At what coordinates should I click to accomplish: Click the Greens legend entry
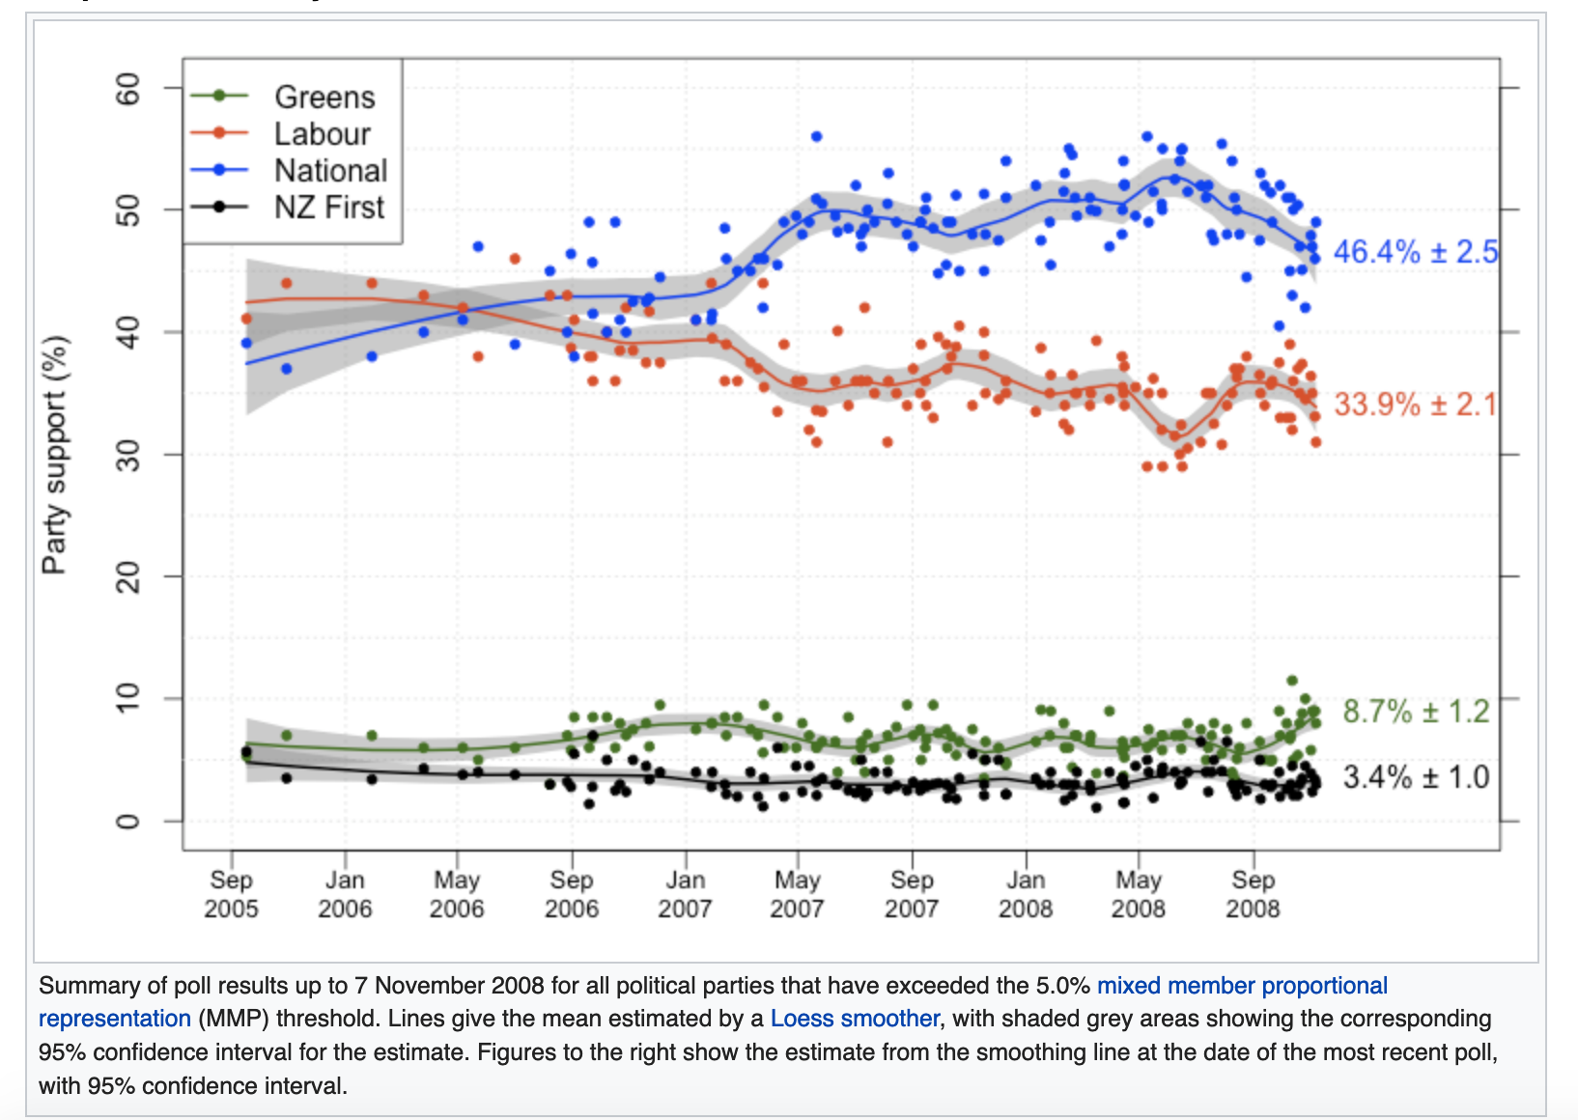324,97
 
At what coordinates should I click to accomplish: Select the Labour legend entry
322,133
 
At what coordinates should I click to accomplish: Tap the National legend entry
330,170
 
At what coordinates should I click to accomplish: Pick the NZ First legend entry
328,207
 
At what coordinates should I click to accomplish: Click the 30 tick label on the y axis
127,455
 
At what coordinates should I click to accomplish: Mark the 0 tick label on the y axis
127,822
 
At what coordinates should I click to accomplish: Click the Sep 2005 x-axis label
231,894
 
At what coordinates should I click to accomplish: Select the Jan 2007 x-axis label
685,894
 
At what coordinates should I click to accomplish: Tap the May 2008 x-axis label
1139,894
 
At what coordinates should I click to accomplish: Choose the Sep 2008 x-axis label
1253,894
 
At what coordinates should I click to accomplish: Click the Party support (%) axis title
55,454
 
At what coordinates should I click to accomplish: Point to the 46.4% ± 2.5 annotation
1415,252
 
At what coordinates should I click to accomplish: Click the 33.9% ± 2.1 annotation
1415,404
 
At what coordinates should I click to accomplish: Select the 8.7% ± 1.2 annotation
1416,712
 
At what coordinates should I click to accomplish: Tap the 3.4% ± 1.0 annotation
1416,776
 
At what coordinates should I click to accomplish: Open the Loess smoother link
854,1019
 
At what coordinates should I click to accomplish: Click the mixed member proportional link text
1242,986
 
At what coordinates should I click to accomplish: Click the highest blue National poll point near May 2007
816,136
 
